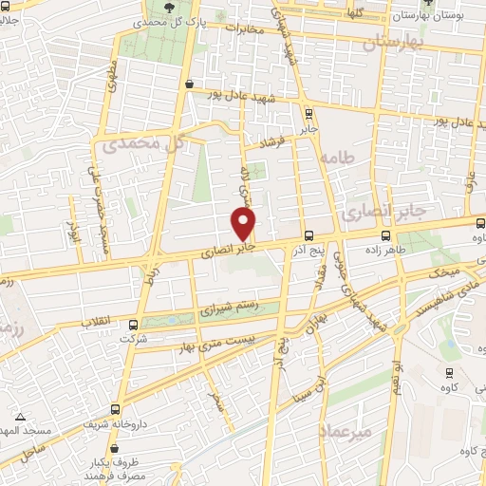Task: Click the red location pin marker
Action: pos(245,224)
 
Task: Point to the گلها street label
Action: pos(358,13)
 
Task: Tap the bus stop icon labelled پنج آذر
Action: pos(308,235)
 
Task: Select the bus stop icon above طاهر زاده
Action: pos(384,235)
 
